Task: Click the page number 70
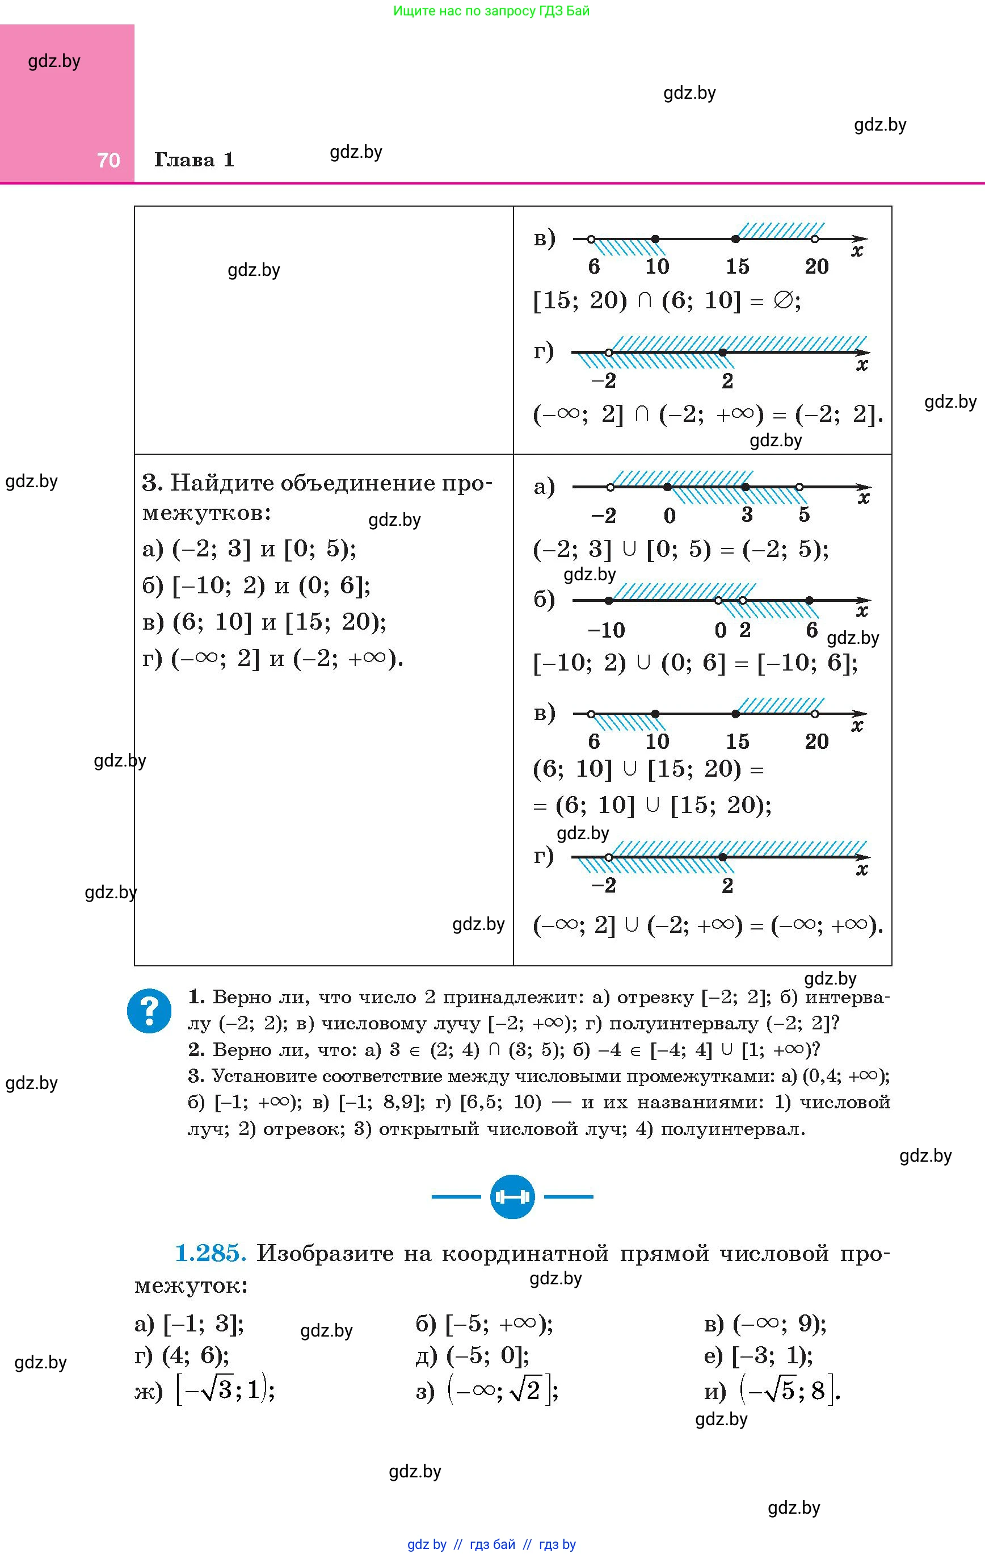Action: pos(108,160)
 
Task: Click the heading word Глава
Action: pos(184,160)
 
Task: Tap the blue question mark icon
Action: pos(149,1011)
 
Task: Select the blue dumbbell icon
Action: pos(512,1197)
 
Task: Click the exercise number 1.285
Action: pos(211,1253)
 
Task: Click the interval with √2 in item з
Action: pos(502,1391)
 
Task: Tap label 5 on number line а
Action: pos(804,515)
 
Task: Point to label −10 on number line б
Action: pos(606,630)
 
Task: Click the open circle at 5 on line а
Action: pos(799,487)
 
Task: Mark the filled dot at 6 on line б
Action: pos(809,600)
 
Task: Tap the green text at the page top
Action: pos(491,11)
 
